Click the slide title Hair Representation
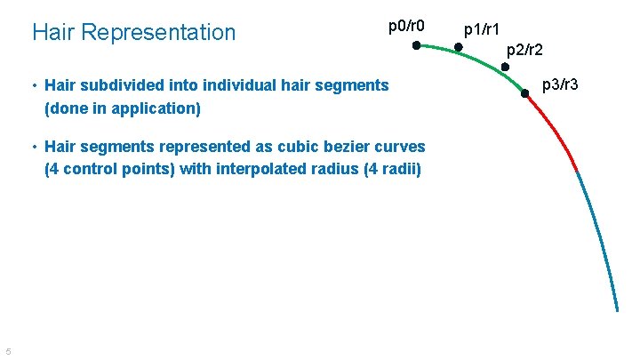point(133,33)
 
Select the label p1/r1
point(484,30)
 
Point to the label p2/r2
point(524,52)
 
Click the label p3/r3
point(561,84)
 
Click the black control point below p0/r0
point(416,45)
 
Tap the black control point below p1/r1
point(459,49)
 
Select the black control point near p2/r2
point(505,67)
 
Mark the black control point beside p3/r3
point(525,92)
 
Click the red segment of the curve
point(558,133)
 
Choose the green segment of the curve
point(480,60)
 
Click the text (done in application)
point(123,108)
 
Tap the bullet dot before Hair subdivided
point(33,86)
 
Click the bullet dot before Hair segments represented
point(33,148)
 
